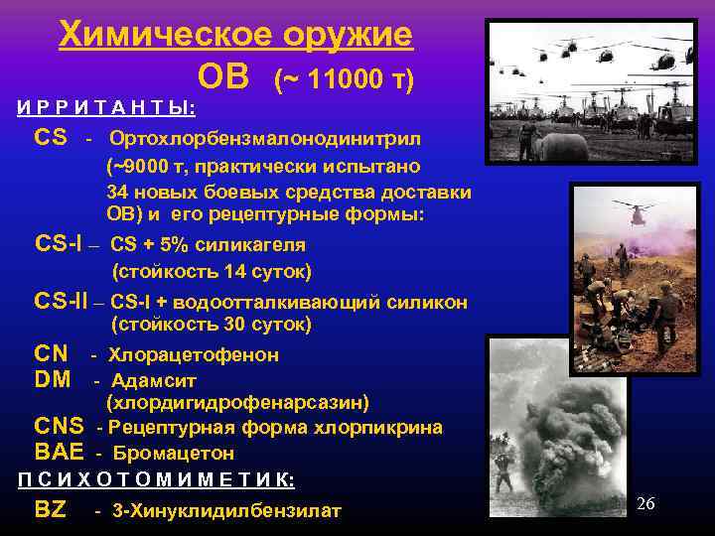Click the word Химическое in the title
[x=148, y=35]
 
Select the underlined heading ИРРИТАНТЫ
[x=106, y=106]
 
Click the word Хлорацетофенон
[x=194, y=354]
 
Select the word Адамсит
[x=154, y=380]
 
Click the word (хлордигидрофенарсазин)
[x=237, y=402]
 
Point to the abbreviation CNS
[x=59, y=427]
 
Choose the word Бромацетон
[x=174, y=454]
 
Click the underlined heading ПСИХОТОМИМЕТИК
[x=156, y=479]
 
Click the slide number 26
[x=645, y=503]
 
